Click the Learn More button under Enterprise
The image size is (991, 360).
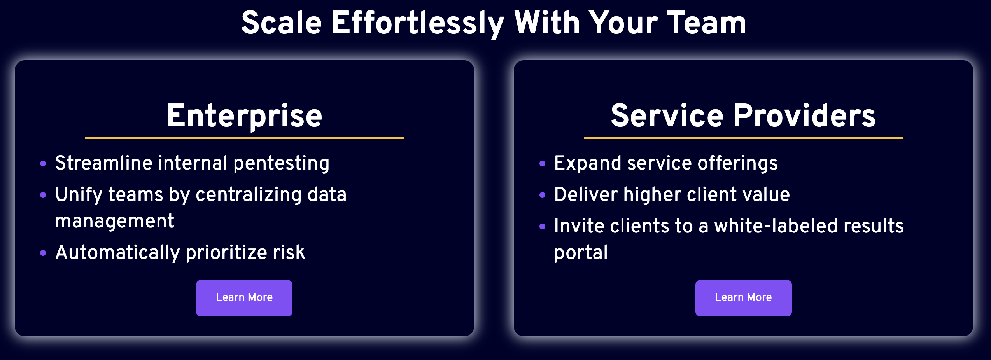tap(244, 298)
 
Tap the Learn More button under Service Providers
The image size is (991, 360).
tap(743, 298)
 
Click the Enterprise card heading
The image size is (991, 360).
tap(245, 115)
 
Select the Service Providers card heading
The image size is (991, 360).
tap(743, 115)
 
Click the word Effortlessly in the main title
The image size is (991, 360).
tap(418, 23)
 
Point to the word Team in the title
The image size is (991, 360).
tap(707, 23)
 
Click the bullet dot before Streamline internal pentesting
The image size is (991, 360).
tap(43, 164)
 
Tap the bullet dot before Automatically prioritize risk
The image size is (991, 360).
tap(43, 253)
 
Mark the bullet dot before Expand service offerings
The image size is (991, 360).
tap(543, 164)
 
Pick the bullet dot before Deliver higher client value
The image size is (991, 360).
tap(543, 195)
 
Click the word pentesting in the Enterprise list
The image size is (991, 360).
tap(282, 164)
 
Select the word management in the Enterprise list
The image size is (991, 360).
tap(115, 222)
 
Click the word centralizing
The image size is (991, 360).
tap(249, 195)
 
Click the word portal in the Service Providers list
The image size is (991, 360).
tap(581, 253)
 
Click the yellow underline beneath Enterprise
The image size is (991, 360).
tap(244, 138)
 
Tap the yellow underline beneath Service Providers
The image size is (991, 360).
tap(743, 138)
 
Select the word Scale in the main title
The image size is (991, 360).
tap(282, 23)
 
